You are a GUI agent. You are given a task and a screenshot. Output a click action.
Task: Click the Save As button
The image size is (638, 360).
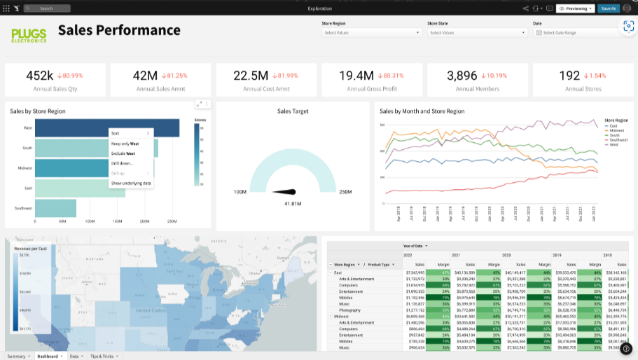[608, 8]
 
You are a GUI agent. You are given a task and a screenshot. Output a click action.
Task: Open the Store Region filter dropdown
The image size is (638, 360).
[370, 32]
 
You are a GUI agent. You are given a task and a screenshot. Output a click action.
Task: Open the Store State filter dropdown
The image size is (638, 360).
[476, 32]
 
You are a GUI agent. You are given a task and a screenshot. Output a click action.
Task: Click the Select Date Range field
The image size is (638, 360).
[574, 32]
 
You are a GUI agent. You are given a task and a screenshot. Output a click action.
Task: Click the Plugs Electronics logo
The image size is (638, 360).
[29, 34]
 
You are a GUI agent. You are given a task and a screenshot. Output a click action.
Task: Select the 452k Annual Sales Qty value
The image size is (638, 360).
[40, 76]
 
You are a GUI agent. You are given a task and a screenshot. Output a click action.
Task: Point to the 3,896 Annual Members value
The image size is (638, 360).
[462, 76]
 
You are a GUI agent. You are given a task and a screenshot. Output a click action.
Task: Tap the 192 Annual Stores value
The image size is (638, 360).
[569, 76]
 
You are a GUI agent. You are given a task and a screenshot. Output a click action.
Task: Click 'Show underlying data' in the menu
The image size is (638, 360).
[131, 183]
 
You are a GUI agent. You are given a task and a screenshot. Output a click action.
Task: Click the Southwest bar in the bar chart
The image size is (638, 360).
[55, 208]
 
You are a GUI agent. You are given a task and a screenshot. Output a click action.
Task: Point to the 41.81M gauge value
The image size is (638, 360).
[292, 203]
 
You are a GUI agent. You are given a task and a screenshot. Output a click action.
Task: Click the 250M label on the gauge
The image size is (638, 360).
[345, 192]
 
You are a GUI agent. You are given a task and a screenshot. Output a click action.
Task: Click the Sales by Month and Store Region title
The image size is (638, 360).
[422, 111]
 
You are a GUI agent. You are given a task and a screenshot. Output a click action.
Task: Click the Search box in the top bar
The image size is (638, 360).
[47, 8]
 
